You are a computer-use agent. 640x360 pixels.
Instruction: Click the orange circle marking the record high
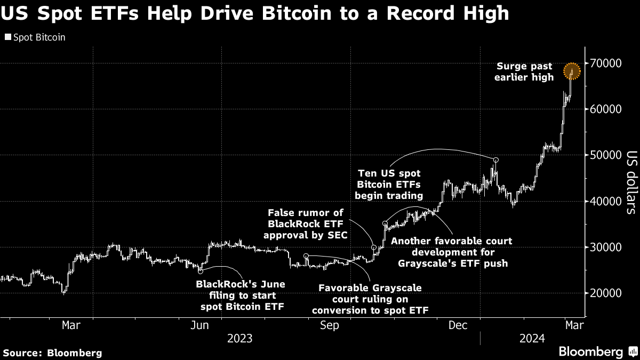[572, 70]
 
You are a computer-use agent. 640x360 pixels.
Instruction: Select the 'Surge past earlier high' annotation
[525, 72]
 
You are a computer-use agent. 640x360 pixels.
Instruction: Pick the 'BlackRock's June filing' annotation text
[241, 295]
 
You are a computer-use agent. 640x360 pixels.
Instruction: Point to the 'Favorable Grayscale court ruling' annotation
[370, 299]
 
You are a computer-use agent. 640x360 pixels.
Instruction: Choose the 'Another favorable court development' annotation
[452, 252]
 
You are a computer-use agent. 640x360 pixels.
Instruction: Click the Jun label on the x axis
[199, 325]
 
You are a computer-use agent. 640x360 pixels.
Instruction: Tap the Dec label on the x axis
[459, 325]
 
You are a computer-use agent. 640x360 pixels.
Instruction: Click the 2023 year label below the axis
[240, 338]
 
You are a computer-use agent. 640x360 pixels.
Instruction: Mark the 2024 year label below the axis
[532, 338]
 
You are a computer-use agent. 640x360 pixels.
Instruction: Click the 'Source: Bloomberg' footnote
[52, 353]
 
